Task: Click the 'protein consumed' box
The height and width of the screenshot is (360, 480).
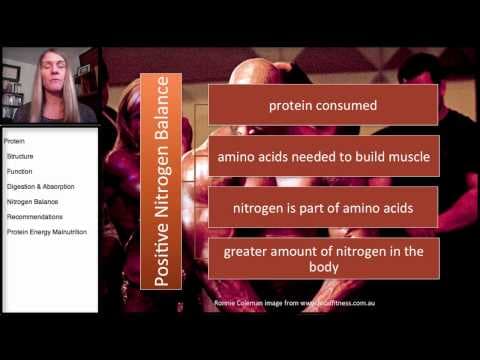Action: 323,103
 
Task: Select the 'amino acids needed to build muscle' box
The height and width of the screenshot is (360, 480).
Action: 323,157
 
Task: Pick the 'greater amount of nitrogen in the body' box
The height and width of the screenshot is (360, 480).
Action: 323,258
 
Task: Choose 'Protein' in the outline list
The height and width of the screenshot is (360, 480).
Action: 15,142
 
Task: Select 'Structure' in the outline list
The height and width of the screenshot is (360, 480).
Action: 20,157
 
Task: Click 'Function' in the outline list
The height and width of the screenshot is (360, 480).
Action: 20,171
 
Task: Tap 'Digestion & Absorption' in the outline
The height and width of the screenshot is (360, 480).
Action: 40,186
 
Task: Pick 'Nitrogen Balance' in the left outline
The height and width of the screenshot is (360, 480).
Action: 32,201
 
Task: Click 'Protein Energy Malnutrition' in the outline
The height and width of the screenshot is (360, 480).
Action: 53,231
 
